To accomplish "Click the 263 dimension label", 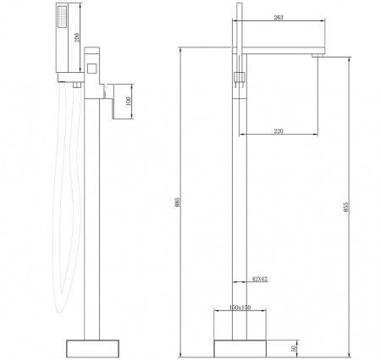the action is point(279,18).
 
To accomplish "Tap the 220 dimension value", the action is point(279,131).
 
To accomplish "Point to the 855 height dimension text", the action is point(346,208).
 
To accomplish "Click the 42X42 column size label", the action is point(260,280).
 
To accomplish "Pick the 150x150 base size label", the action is point(240,307).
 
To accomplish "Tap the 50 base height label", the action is point(294,348).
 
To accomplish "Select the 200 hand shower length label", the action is point(77,37).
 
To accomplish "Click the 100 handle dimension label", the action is point(129,101).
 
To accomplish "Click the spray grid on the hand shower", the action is point(63,17).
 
